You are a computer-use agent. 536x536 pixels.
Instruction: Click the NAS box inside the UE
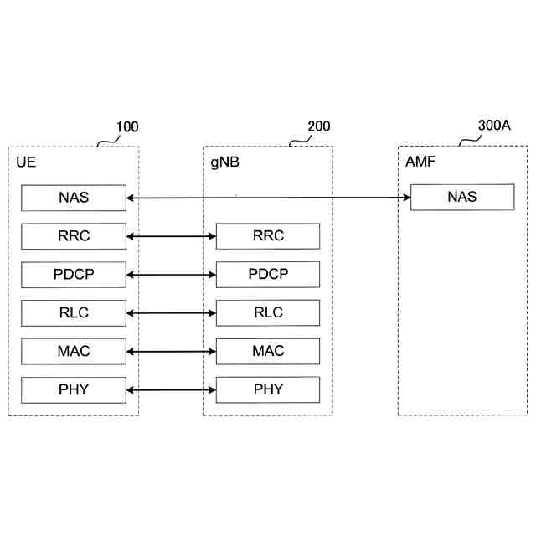(74, 198)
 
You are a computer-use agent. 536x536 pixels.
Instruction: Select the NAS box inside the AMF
(461, 197)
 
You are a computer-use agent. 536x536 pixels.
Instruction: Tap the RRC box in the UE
(74, 236)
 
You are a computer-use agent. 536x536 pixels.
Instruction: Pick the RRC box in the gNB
(268, 236)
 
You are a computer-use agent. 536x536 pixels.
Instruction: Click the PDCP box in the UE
(74, 275)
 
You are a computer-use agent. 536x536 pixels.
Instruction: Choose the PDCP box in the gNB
(268, 275)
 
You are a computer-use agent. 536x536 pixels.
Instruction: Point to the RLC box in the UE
(74, 313)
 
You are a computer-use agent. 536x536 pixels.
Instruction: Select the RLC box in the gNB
(268, 313)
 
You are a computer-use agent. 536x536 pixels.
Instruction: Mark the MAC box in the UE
(74, 351)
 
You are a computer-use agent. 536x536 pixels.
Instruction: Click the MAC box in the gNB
(268, 351)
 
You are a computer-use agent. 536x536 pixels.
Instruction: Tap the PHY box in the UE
(74, 389)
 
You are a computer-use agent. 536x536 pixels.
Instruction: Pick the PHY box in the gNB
(268, 389)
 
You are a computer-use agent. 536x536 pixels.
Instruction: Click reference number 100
(127, 127)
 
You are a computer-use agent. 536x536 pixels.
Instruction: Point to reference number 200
(319, 127)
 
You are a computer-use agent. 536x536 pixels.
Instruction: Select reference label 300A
(494, 126)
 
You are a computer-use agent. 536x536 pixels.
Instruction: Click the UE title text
(26, 161)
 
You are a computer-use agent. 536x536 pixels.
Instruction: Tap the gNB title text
(224, 161)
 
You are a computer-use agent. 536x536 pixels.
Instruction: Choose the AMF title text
(420, 161)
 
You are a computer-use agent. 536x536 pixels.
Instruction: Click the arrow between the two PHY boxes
(171, 389)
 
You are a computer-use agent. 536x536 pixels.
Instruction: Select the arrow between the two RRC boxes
(171, 237)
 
